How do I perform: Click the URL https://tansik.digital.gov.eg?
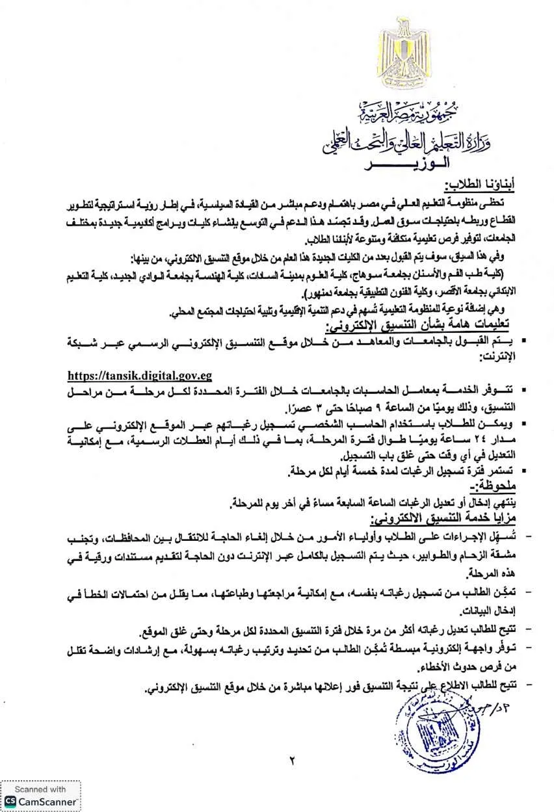click(140, 375)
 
